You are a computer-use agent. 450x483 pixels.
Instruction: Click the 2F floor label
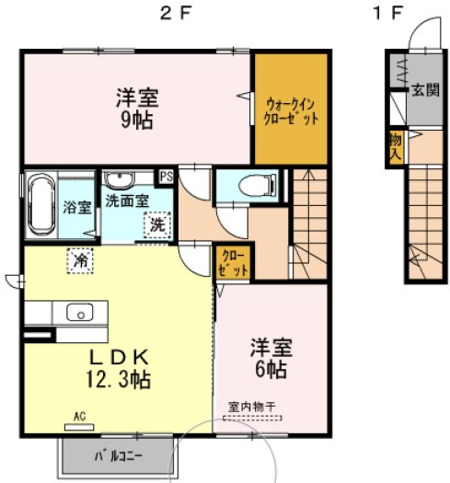tap(176, 14)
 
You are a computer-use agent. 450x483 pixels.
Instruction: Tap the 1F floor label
tap(387, 14)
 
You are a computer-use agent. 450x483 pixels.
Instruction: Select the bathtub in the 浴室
tap(41, 204)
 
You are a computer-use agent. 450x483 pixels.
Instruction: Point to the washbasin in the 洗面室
tap(119, 180)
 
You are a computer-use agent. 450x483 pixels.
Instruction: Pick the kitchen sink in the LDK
tap(80, 313)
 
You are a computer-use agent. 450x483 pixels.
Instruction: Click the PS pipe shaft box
tap(167, 178)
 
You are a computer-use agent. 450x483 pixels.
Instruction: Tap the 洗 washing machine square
tap(157, 225)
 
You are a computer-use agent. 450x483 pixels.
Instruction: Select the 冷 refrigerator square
tap(80, 261)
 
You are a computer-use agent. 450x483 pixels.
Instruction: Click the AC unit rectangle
tap(79, 427)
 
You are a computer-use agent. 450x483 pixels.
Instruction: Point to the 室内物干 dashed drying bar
tap(252, 419)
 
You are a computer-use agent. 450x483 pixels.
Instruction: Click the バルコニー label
tap(119, 456)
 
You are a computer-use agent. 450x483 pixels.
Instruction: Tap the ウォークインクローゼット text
tap(291, 111)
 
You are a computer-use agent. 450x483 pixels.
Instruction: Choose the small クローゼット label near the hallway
tap(233, 263)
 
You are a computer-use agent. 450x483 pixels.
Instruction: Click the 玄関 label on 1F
tap(425, 90)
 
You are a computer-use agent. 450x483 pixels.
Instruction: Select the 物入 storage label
tap(396, 148)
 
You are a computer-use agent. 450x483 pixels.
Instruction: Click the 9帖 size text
tap(137, 121)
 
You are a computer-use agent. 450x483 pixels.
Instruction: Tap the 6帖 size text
tap(271, 369)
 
